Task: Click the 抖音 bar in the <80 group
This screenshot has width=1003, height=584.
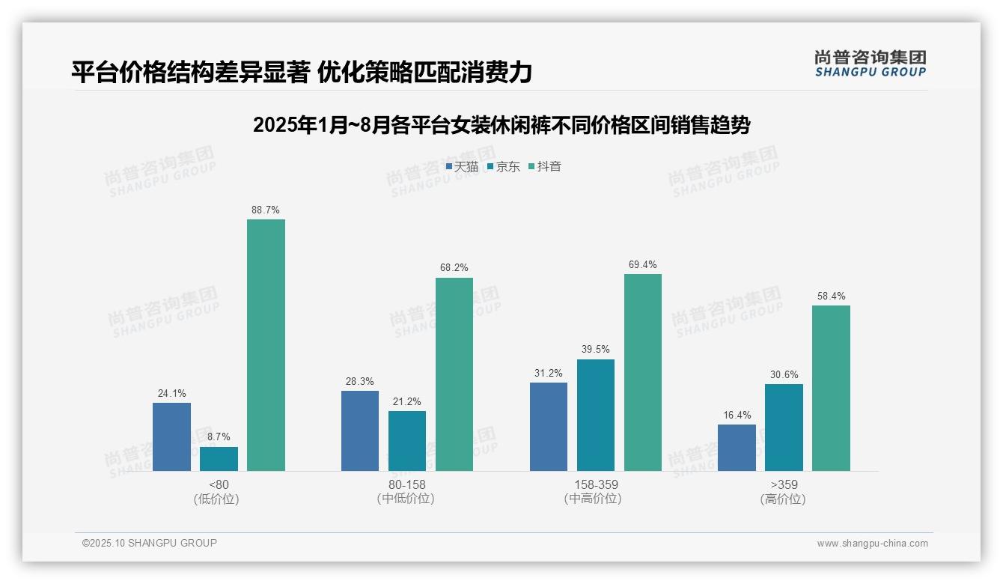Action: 266,345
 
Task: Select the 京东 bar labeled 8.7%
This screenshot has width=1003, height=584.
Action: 219,459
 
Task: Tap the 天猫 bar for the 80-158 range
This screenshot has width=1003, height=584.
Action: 360,431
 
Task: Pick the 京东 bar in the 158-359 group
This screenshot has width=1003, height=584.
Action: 596,415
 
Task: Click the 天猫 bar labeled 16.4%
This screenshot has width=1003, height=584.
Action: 737,448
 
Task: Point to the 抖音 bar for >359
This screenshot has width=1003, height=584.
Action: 831,388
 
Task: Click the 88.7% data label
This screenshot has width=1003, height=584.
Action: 266,210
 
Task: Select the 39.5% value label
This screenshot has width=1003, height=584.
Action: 596,350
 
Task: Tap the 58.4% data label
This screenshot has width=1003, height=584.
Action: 831,296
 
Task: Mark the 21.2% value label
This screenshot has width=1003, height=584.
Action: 407,402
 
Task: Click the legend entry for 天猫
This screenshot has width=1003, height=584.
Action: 462,167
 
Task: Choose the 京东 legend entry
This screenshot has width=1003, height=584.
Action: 503,167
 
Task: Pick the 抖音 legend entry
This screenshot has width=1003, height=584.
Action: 544,167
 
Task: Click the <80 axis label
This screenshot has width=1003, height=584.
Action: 219,484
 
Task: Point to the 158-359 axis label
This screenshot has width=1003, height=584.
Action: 596,484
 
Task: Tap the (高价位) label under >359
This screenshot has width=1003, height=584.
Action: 783,499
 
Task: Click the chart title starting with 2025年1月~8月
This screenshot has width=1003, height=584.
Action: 501,125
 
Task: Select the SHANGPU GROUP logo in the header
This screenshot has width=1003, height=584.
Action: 870,64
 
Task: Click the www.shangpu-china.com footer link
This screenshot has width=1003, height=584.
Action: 872,544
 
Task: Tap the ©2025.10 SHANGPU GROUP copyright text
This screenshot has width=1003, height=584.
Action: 150,543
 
